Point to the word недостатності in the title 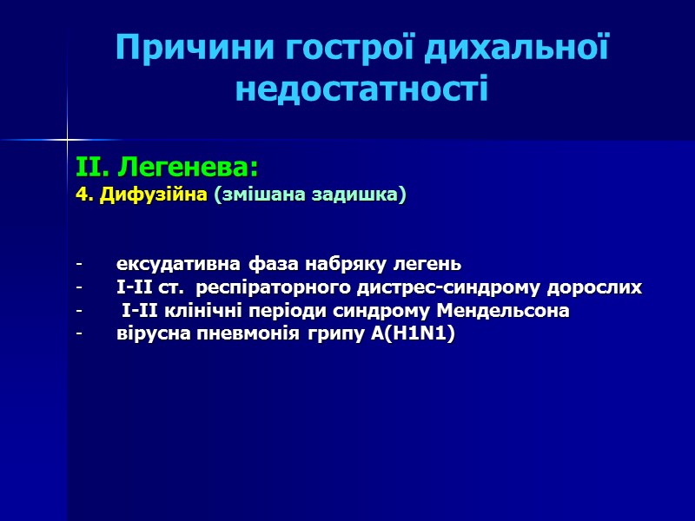pos(361,89)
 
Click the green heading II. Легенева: pos(168,167)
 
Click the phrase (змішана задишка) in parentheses pos(310,195)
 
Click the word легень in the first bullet pos(425,264)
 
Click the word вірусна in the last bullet pos(147,335)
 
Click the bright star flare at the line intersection pos(67,138)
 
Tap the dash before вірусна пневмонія pos(79,335)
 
